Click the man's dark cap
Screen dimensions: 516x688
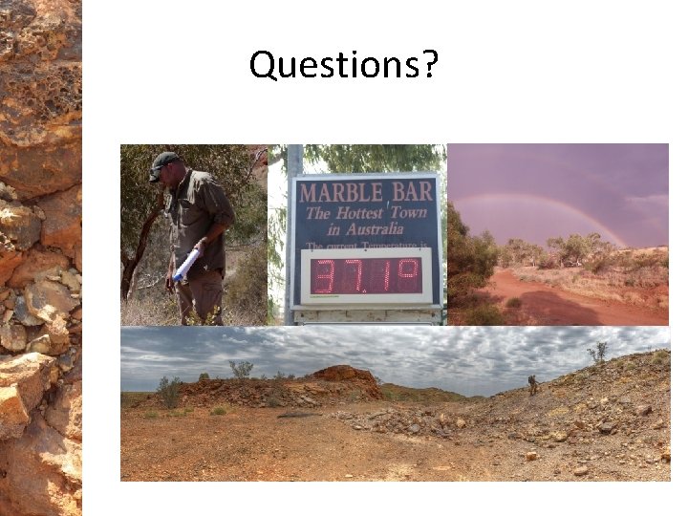pos(162,162)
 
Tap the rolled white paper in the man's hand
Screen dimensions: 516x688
pos(186,263)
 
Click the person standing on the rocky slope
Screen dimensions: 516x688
pos(532,384)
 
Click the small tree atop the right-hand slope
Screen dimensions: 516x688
pos(598,354)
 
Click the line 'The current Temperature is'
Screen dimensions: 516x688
pos(368,247)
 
